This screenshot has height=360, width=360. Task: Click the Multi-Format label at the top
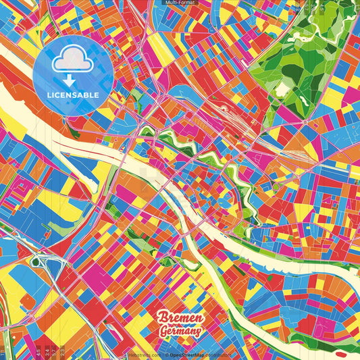coord(179,3)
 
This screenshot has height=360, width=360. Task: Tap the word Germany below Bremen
coord(180,332)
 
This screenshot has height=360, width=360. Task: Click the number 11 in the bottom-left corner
coord(3,353)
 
